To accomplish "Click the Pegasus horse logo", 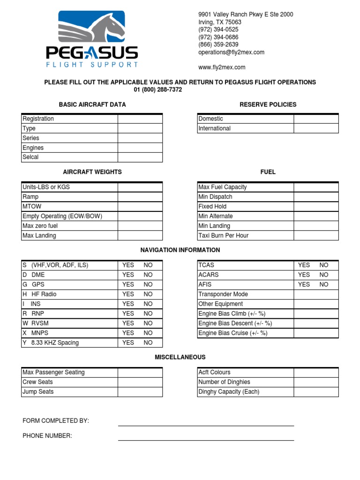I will pos(91,28).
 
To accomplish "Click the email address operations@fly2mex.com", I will pos(231,52).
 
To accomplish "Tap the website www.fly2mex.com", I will pos(222,67).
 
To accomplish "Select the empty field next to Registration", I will pos(140,119).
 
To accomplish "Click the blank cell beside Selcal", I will pos(140,157).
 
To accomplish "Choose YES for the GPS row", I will pos(128,285).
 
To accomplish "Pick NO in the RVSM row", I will pos(148,323).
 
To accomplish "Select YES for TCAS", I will pos(304,265).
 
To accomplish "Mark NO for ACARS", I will pos(324,275).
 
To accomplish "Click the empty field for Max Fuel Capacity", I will pos(316,187).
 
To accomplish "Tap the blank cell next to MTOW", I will pos(140,207).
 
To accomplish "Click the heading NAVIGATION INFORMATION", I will pos(180,250).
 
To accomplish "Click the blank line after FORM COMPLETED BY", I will pos(206,421).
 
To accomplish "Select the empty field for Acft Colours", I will pos(316,373).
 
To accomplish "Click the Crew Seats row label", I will pos(38,382).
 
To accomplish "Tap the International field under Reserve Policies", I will pos(316,128).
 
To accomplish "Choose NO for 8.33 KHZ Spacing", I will pos(148,343).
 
